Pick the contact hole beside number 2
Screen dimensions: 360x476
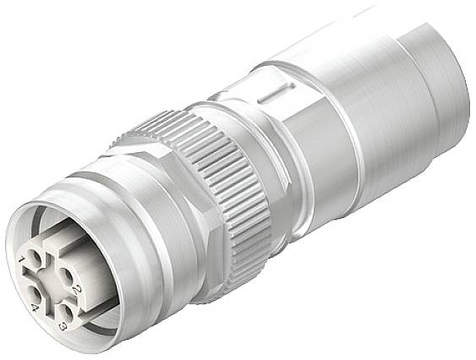(x=65, y=275)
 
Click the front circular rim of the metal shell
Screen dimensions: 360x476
(x=25, y=228)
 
